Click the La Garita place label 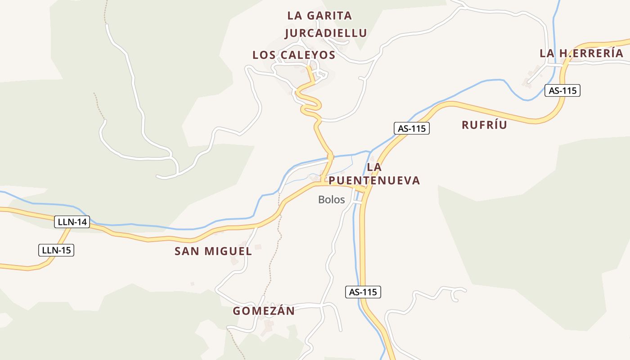click(x=319, y=15)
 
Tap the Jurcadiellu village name click(x=326, y=33)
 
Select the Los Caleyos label click(x=294, y=55)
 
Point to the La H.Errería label click(x=581, y=53)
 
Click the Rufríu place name click(x=484, y=125)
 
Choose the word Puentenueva click(x=374, y=180)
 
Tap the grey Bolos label click(x=331, y=199)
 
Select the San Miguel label click(x=213, y=251)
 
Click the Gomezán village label click(x=264, y=310)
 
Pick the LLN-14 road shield click(x=72, y=221)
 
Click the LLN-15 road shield click(x=56, y=250)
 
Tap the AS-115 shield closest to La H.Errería click(x=562, y=90)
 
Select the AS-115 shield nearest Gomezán click(x=363, y=292)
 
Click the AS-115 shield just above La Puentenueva click(x=412, y=128)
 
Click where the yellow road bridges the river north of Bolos click(x=330, y=157)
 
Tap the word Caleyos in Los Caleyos click(x=308, y=55)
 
